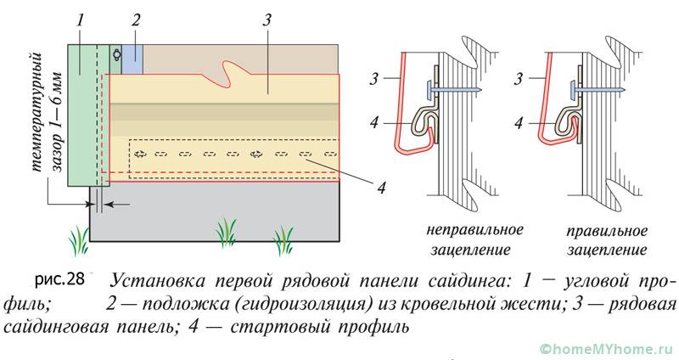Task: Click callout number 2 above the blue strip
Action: (x=135, y=18)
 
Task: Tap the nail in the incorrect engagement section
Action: (x=451, y=87)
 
